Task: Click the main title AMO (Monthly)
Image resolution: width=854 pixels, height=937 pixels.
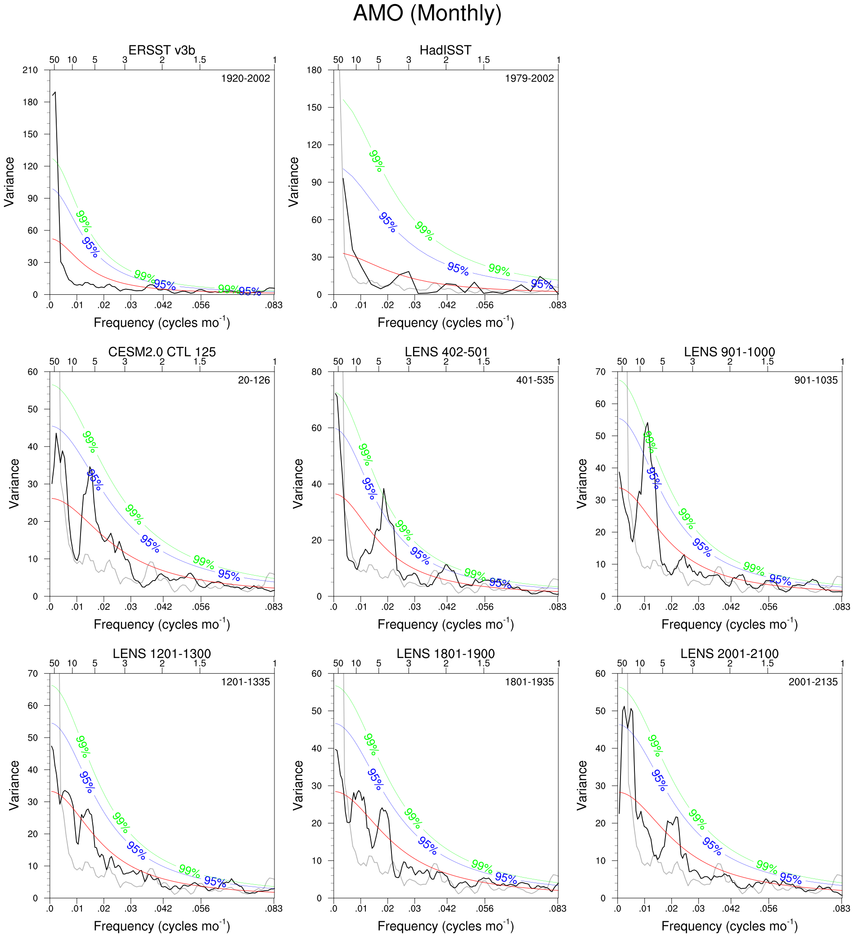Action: pyautogui.click(x=427, y=13)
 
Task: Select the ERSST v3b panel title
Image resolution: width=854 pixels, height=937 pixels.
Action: pyautogui.click(x=162, y=50)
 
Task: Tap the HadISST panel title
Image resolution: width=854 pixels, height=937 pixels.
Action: pyautogui.click(x=445, y=50)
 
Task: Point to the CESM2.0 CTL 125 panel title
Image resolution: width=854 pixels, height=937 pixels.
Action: pyautogui.click(x=162, y=352)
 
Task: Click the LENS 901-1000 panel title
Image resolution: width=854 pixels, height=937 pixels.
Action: pyautogui.click(x=729, y=352)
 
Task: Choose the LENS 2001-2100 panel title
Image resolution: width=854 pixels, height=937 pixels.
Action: pyautogui.click(x=729, y=653)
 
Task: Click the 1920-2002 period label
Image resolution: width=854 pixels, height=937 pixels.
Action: pyautogui.click(x=245, y=79)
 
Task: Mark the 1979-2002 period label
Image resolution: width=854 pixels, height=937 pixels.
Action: pyautogui.click(x=529, y=79)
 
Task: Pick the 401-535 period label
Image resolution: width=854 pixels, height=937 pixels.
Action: pyautogui.click(x=535, y=380)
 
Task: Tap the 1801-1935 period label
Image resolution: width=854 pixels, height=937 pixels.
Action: pyautogui.click(x=529, y=682)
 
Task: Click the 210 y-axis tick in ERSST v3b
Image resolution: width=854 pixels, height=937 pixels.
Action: pyautogui.click(x=30, y=70)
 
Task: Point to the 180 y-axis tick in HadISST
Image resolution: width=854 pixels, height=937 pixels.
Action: pyautogui.click(x=314, y=70)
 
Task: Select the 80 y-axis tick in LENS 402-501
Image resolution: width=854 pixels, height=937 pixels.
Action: pyautogui.click(x=316, y=372)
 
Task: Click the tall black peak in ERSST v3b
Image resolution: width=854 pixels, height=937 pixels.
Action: pyautogui.click(x=55, y=93)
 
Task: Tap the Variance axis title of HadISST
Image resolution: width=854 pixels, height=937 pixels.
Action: pyautogui.click(x=294, y=182)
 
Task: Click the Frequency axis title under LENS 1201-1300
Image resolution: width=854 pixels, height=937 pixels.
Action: pyautogui.click(x=162, y=926)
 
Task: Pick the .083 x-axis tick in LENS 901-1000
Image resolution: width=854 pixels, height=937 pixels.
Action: pyautogui.click(x=841, y=607)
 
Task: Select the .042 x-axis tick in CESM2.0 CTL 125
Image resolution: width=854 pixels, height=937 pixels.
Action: pyautogui.click(x=163, y=607)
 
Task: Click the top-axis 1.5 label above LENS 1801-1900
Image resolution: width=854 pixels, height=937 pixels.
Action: pyautogui.click(x=483, y=663)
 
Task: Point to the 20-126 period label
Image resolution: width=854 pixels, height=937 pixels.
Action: pyautogui.click(x=254, y=380)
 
